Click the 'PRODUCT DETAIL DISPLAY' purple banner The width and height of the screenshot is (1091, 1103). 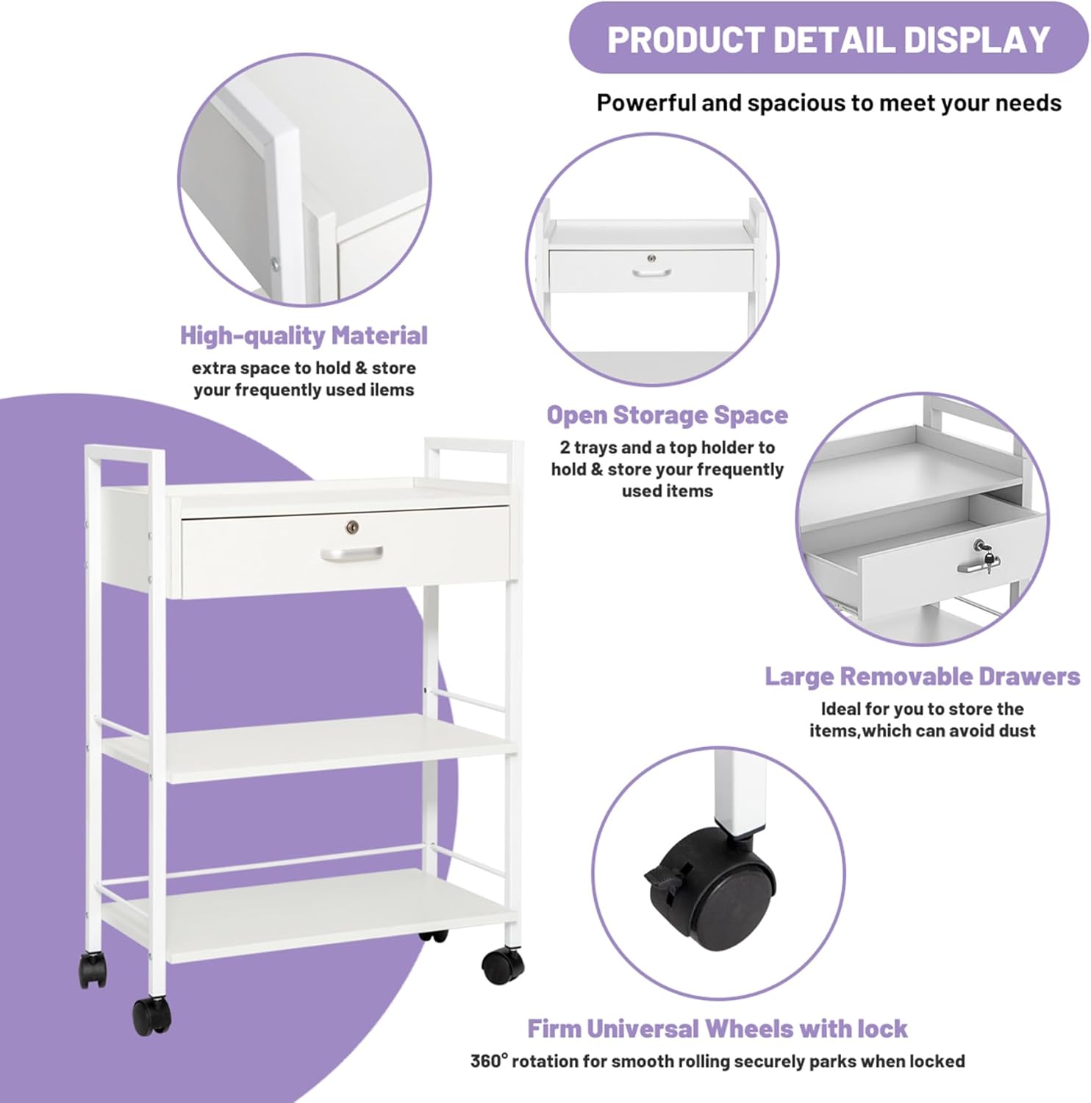pos(829,39)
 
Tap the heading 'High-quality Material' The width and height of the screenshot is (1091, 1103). pos(304,336)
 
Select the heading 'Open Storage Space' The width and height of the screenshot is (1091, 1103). pos(667,415)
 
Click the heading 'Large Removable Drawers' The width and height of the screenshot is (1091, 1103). pos(923,677)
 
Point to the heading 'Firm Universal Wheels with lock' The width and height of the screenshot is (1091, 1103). pos(717,1029)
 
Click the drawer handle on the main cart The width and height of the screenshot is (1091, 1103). pos(351,553)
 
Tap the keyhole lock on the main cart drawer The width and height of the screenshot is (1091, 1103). pos(353,526)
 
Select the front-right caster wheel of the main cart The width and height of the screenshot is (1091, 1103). pos(504,965)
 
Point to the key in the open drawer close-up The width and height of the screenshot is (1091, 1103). pos(989,560)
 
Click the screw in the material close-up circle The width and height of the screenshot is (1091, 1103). pos(275,263)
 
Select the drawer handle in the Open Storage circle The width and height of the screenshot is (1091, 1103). pos(651,273)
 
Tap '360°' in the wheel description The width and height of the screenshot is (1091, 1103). pos(489,1061)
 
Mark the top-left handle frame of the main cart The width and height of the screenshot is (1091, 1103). pos(124,460)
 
